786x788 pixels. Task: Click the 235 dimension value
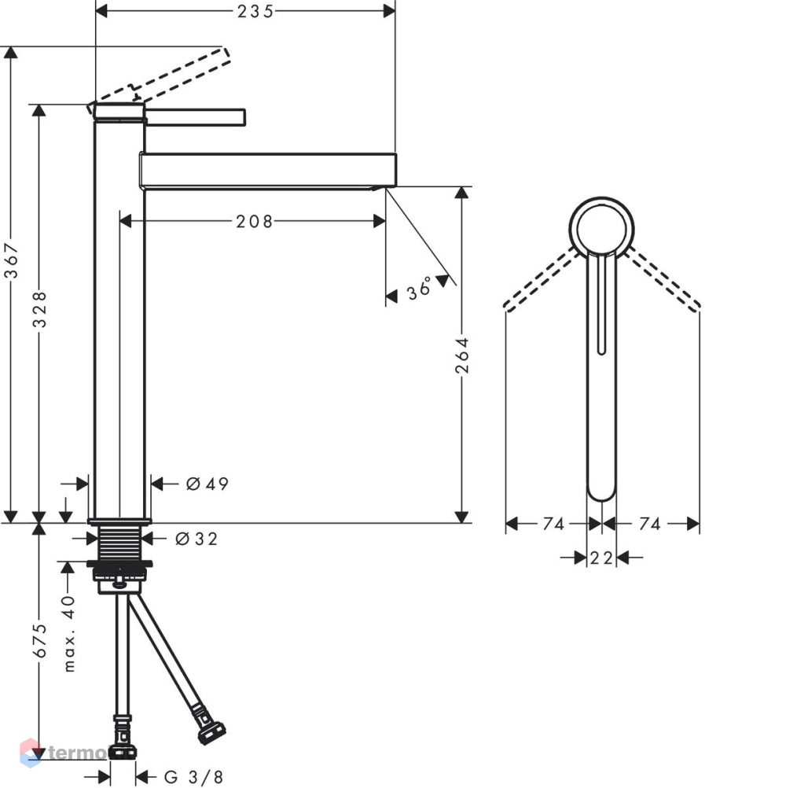[x=255, y=11]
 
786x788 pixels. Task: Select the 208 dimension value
[x=254, y=221]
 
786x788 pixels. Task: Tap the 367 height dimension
[x=11, y=260]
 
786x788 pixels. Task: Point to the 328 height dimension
[x=39, y=310]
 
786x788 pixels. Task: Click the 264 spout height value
[x=461, y=355]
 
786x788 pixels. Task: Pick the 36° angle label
[x=420, y=289]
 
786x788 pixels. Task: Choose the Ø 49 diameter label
[x=207, y=484]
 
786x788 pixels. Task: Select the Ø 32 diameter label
[x=196, y=539]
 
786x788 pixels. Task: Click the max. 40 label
[x=69, y=633]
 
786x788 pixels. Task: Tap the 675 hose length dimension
[x=39, y=640]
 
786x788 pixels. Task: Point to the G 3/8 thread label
[x=193, y=777]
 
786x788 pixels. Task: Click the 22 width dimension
[x=601, y=558]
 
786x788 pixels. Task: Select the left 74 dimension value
[x=553, y=524]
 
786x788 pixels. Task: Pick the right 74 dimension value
[x=650, y=524]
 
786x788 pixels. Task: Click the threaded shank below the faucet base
[x=119, y=543]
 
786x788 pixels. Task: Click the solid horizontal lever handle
[x=195, y=116]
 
